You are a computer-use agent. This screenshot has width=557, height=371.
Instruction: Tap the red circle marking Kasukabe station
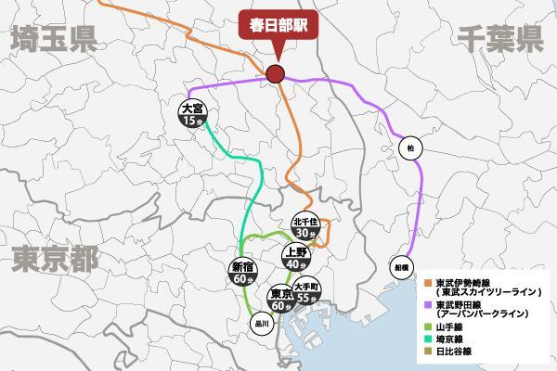coord(276,75)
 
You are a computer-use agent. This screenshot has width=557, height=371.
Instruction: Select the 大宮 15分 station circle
coord(194,114)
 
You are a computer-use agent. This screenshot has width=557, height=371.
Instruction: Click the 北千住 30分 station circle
coord(306,227)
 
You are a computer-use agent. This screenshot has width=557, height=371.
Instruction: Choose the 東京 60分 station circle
coord(281,299)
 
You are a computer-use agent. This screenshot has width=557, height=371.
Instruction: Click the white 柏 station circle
coord(410,147)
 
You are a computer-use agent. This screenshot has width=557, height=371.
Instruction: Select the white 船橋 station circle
coord(402,264)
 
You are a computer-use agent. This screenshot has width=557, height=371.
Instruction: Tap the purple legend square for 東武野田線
coord(428,303)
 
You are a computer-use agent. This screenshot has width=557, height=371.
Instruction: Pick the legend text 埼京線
coord(450,340)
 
